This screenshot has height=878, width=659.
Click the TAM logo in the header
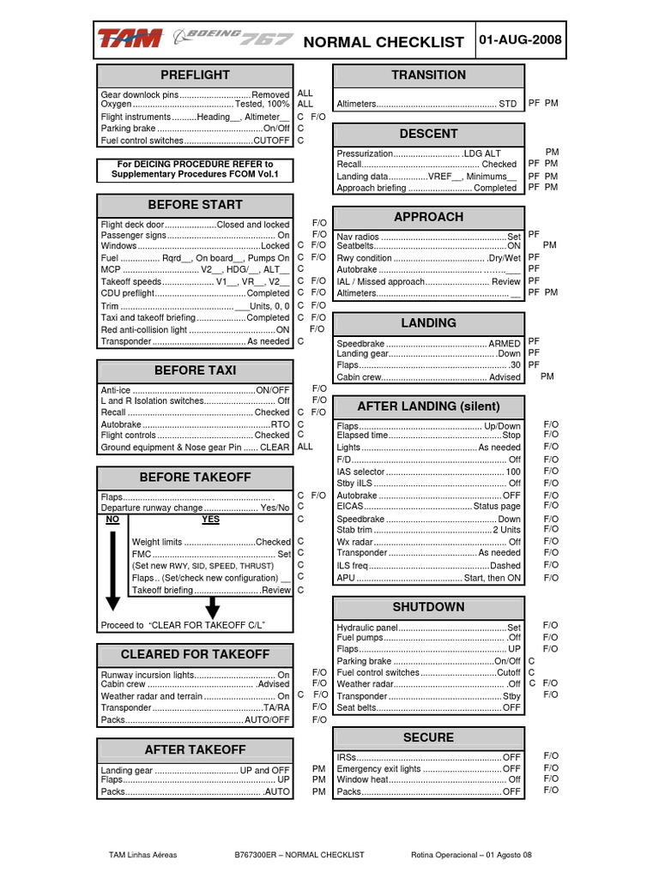click(x=130, y=39)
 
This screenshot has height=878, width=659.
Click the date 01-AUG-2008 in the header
click(x=525, y=40)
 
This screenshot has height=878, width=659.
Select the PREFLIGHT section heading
click(x=195, y=75)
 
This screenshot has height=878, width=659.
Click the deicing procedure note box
click(x=195, y=169)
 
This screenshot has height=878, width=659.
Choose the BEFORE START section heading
click(x=195, y=205)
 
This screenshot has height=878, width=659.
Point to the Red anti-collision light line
click(x=195, y=329)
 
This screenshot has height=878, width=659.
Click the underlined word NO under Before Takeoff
click(x=112, y=520)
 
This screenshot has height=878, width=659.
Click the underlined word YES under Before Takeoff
click(x=210, y=520)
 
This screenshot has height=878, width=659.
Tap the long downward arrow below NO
click(x=112, y=570)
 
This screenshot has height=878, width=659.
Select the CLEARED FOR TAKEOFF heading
click(x=195, y=654)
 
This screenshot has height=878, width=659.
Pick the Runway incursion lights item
click(x=195, y=675)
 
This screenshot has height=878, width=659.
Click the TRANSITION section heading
click(x=428, y=75)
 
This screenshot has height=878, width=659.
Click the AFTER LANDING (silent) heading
click(x=428, y=406)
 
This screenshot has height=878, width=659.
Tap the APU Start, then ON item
click(x=428, y=578)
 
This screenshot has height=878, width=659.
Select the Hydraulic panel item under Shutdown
click(x=428, y=628)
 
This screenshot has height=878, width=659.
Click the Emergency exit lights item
click(x=428, y=769)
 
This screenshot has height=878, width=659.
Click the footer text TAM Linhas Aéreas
click(x=141, y=855)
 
